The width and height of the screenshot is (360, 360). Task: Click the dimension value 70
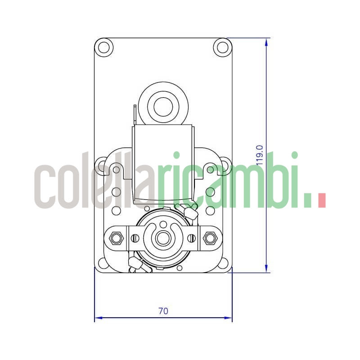point(163,311)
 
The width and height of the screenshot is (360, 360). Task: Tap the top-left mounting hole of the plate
point(104,47)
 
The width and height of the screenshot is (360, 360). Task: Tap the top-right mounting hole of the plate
point(222,47)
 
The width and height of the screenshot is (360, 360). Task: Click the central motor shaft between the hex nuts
point(163,238)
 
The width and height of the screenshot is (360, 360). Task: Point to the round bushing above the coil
point(163,107)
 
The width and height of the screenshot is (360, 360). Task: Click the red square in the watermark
point(321,200)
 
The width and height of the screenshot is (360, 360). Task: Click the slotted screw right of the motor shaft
point(191,238)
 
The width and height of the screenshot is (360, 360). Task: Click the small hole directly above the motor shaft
point(163,223)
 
